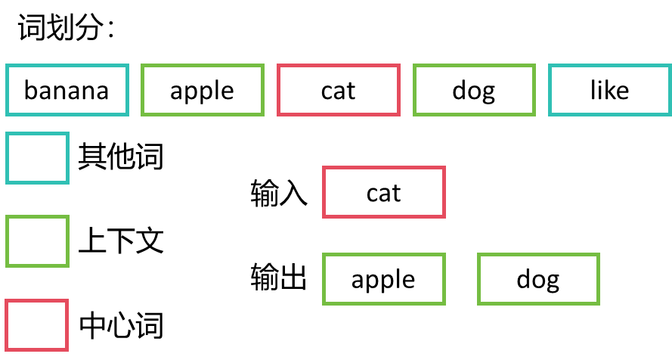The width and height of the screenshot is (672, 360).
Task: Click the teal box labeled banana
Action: point(67,91)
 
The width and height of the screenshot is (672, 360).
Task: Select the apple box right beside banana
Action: point(203,91)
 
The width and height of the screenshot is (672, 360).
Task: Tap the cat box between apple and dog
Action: point(338,91)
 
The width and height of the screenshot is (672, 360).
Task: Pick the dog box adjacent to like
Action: point(473,91)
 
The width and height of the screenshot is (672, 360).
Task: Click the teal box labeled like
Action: point(609,91)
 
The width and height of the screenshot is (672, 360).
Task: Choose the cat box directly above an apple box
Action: point(383,193)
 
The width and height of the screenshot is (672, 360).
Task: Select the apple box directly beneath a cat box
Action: point(383,280)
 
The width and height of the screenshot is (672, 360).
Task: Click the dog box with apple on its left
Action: point(538,280)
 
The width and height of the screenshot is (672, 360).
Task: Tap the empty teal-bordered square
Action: point(37,158)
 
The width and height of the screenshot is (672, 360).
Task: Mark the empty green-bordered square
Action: point(37,241)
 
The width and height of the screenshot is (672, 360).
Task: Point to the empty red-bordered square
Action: point(37,325)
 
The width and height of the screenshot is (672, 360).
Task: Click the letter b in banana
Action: point(31,90)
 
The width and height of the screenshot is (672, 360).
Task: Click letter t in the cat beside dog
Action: point(351,92)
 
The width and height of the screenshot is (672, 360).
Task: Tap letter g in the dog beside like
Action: point(488,94)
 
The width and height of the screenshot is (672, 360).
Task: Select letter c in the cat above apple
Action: point(373,194)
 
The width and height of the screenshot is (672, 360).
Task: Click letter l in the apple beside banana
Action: point(215,90)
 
